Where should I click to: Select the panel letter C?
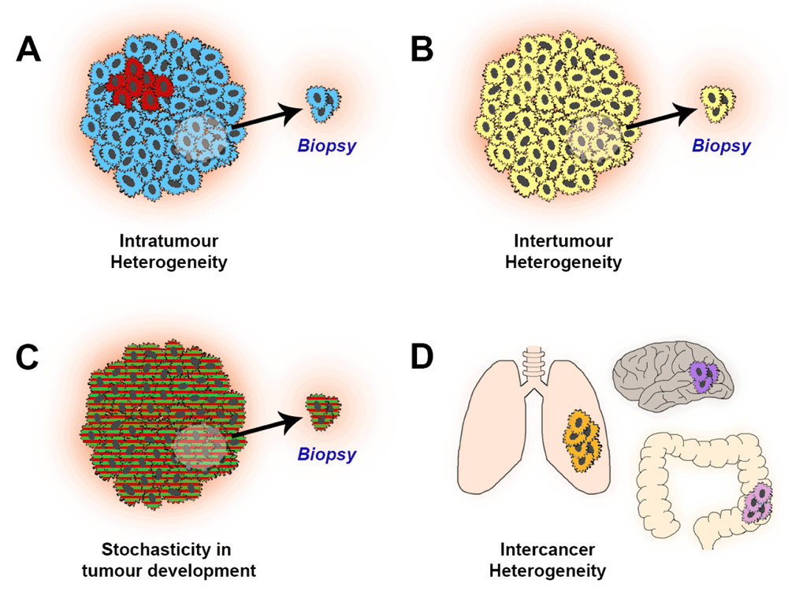click(x=27, y=357)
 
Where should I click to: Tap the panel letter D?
click(x=422, y=357)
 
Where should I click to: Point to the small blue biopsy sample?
click(x=322, y=104)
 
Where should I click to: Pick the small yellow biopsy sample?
click(x=717, y=104)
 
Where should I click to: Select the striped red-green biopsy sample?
click(x=322, y=412)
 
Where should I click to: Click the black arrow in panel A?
click(x=266, y=117)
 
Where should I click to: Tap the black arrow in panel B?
click(x=662, y=117)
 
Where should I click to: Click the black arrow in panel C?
click(x=266, y=425)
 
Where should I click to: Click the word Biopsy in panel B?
click(x=721, y=146)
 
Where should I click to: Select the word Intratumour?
click(x=169, y=240)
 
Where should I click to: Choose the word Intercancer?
click(x=548, y=549)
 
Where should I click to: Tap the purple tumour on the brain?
click(x=703, y=377)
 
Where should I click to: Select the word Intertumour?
click(x=563, y=240)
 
